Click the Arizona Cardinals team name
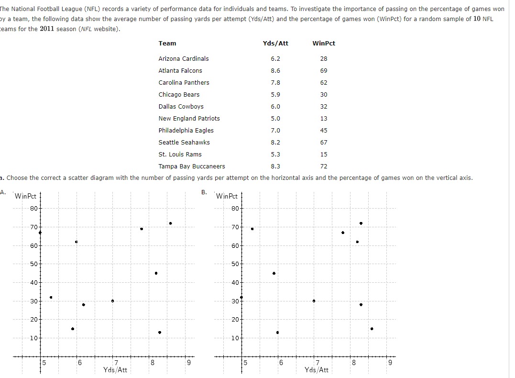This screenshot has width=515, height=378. pyautogui.click(x=184, y=58)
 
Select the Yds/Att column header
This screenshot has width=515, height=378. pyautogui.click(x=275, y=43)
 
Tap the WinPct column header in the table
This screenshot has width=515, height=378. pyautogui.click(x=324, y=43)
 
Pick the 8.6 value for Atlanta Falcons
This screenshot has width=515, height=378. pyautogui.click(x=275, y=70)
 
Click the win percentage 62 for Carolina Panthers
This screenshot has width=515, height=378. pyautogui.click(x=324, y=82)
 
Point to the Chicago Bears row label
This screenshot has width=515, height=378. pyautogui.click(x=179, y=94)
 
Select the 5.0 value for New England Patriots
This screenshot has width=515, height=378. pyautogui.click(x=275, y=118)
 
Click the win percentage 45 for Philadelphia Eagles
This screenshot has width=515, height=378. pyautogui.click(x=324, y=130)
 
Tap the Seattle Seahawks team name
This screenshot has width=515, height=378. pyautogui.click(x=184, y=142)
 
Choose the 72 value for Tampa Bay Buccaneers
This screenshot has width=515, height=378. pyautogui.click(x=324, y=166)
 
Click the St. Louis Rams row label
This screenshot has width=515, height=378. pyautogui.click(x=180, y=154)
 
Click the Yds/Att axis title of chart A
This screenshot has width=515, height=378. pyautogui.click(x=115, y=370)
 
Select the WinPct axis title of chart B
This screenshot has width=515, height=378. pyautogui.click(x=227, y=196)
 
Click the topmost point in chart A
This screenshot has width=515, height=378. pyautogui.click(x=170, y=223)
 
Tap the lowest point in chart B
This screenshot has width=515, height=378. pyautogui.click(x=277, y=333)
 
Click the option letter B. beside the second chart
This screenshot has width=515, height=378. pyautogui.click(x=204, y=192)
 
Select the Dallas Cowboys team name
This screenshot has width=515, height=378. pyautogui.click(x=181, y=106)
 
